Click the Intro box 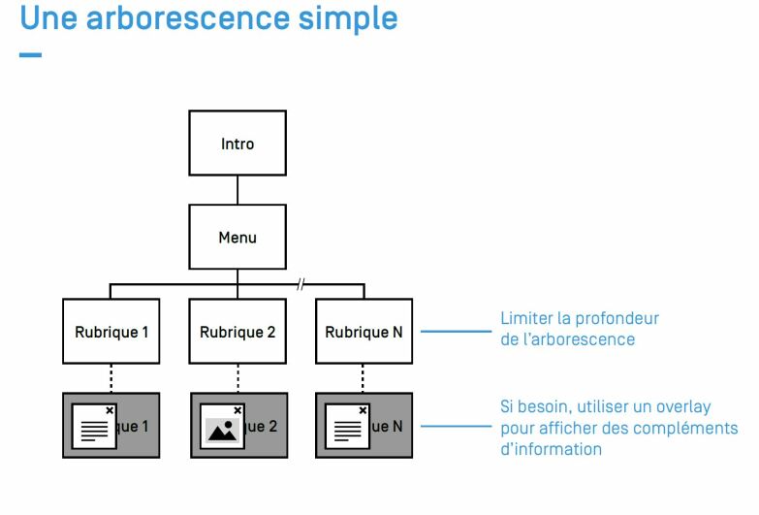click(x=237, y=143)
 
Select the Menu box click(x=237, y=237)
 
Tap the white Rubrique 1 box click(x=111, y=332)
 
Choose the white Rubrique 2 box click(x=237, y=332)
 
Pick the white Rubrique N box click(x=364, y=332)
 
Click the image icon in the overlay click(x=222, y=431)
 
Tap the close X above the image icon click(x=237, y=410)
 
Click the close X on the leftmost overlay click(x=110, y=410)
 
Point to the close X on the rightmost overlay click(x=364, y=410)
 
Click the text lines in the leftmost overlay click(x=94, y=432)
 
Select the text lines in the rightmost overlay click(x=348, y=432)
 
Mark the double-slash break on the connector click(x=300, y=284)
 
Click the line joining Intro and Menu click(x=237, y=190)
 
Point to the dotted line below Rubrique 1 click(x=111, y=378)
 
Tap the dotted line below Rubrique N click(x=363, y=378)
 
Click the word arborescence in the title click(x=187, y=18)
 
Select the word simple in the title click(x=348, y=19)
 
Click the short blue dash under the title click(x=30, y=54)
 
